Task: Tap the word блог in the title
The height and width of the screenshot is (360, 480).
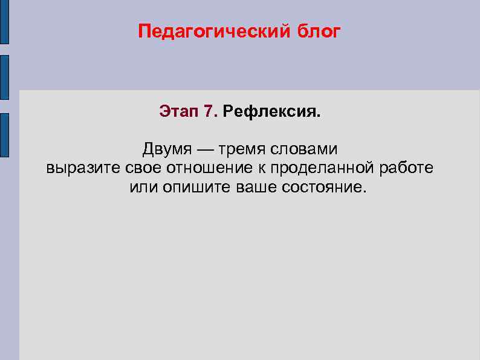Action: [x=319, y=31]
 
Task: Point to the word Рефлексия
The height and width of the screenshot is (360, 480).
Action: [x=271, y=112]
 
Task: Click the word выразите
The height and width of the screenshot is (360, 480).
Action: [x=85, y=168]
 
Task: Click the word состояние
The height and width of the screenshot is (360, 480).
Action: [x=323, y=186]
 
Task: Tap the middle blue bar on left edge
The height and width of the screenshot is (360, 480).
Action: [x=4, y=77]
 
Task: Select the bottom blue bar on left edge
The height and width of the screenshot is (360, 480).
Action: [x=4, y=135]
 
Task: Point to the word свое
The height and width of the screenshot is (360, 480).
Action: [x=148, y=168]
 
